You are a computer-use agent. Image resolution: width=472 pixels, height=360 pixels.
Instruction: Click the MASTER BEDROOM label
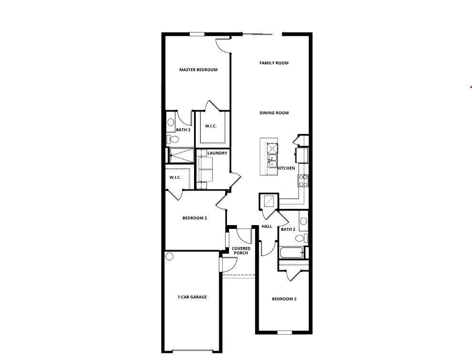click(x=198, y=70)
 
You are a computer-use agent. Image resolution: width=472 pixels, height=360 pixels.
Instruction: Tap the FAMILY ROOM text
click(x=274, y=63)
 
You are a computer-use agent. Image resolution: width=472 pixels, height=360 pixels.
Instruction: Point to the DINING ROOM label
click(x=274, y=113)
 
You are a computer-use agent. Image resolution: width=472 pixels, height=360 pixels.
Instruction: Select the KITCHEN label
click(x=286, y=168)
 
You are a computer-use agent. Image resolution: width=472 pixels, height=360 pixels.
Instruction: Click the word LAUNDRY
click(x=217, y=154)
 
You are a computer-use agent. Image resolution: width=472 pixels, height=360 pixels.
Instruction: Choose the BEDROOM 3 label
click(x=195, y=218)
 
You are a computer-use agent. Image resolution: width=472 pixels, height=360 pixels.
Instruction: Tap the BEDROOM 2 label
click(x=284, y=299)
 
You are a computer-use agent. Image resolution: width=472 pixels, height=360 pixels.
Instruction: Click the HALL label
click(x=267, y=226)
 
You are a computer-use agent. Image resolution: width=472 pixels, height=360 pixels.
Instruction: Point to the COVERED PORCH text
click(x=241, y=251)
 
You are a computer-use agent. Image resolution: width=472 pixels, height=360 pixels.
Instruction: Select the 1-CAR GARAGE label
click(x=192, y=297)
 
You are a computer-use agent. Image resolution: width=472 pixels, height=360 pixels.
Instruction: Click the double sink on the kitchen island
click(x=272, y=161)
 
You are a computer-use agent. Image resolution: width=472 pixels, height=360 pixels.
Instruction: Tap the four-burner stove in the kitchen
click(x=303, y=180)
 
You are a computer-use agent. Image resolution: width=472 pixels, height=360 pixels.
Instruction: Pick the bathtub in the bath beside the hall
click(x=291, y=253)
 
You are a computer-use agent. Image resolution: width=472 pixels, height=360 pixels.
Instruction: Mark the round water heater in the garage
click(x=169, y=257)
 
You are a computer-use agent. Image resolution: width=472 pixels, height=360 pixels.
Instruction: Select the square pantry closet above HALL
click(x=268, y=201)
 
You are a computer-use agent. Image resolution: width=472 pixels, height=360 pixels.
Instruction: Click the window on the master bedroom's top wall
click(x=197, y=34)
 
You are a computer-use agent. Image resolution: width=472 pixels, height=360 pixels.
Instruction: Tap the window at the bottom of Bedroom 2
click(x=285, y=332)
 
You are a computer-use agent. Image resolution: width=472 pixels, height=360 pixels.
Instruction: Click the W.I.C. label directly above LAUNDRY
click(x=211, y=126)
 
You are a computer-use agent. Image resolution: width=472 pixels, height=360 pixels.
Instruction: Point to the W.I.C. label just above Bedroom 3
click(x=174, y=178)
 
